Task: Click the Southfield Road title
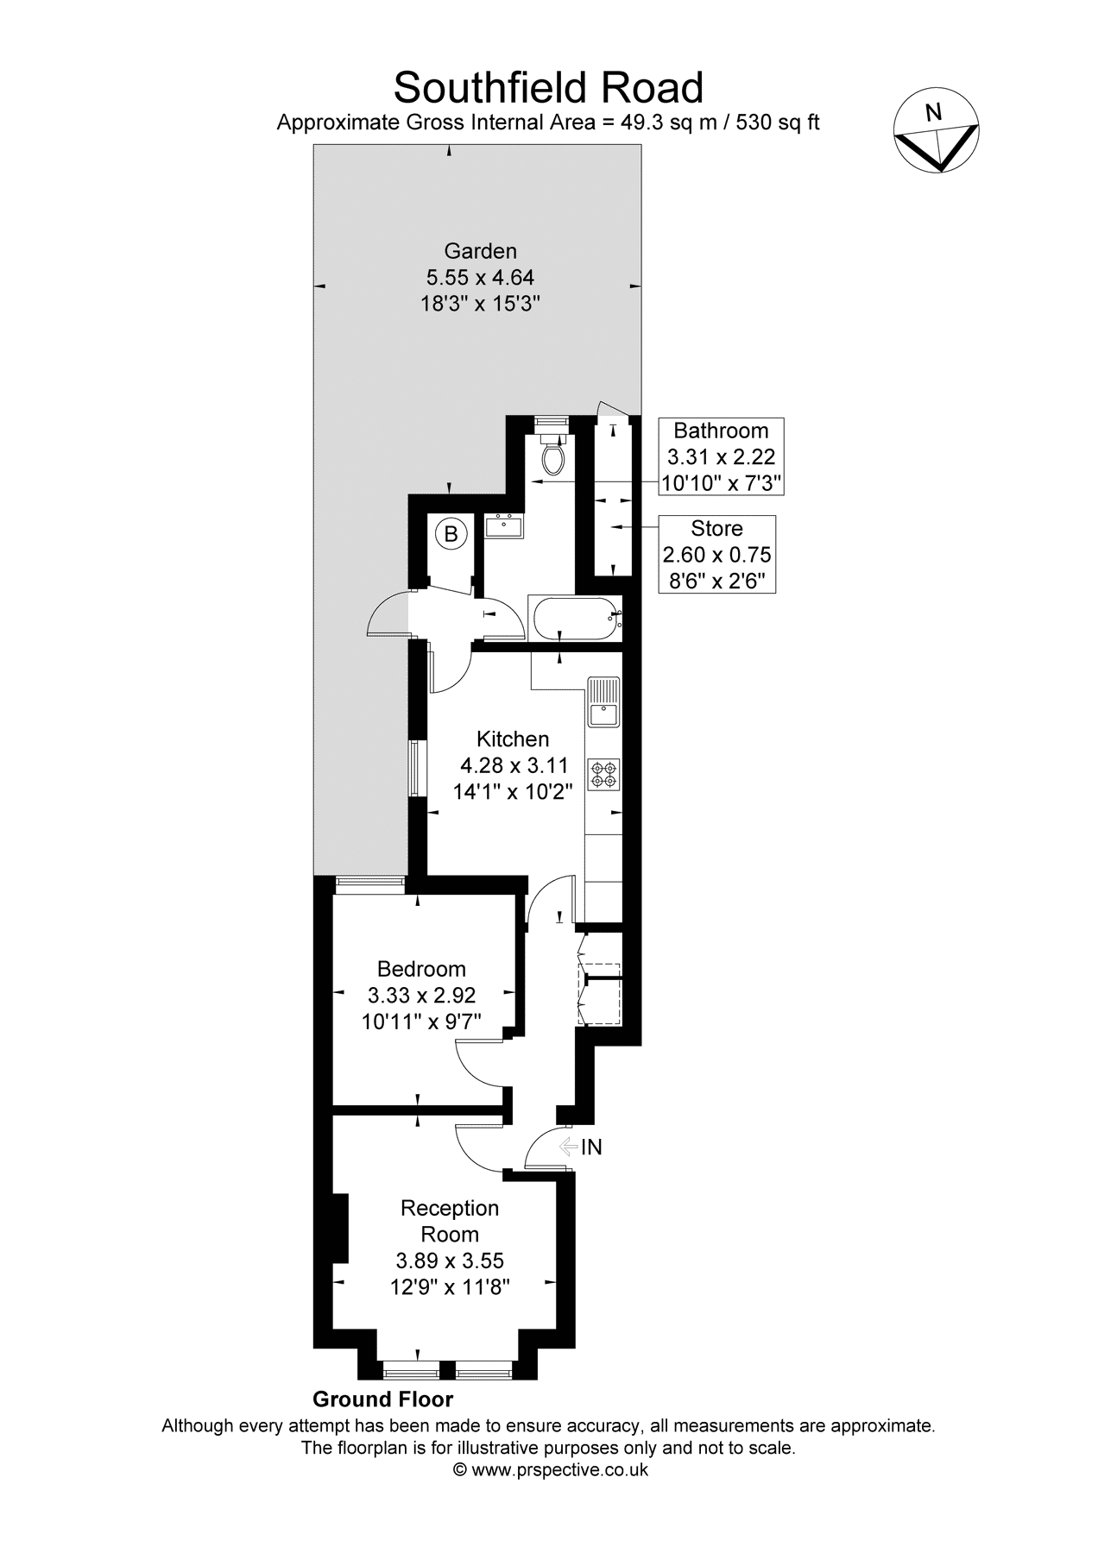coord(548,87)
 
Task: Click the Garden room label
coord(480,251)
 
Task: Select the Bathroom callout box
coord(722,456)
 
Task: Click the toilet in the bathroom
coord(551,450)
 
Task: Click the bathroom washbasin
coord(504,525)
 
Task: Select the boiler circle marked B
coord(451,535)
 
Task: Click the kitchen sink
coord(603,703)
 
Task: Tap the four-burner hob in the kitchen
coord(604,774)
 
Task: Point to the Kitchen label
coord(513,739)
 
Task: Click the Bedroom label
coord(422,970)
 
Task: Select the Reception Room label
coord(450,1221)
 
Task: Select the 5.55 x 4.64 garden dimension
coord(480,278)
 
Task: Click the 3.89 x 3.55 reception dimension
coord(450,1261)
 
